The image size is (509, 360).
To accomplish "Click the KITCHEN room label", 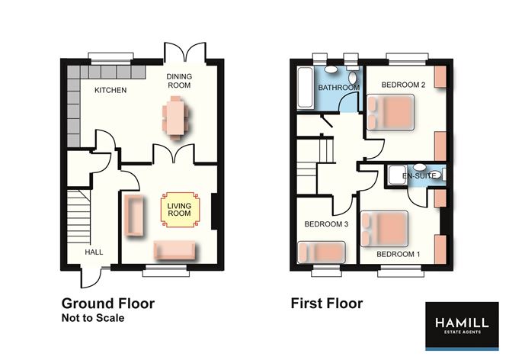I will (110, 91).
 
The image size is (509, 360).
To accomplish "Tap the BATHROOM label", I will (338, 88).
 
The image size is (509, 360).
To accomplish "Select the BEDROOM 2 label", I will (403, 84).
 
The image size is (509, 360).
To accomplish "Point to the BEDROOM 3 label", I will (326, 224).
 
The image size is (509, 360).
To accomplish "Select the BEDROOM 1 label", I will (399, 253).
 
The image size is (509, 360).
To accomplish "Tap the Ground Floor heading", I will (107, 304).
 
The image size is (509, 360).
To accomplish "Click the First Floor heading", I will (327, 304).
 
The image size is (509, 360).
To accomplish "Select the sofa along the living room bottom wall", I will (175, 249).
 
